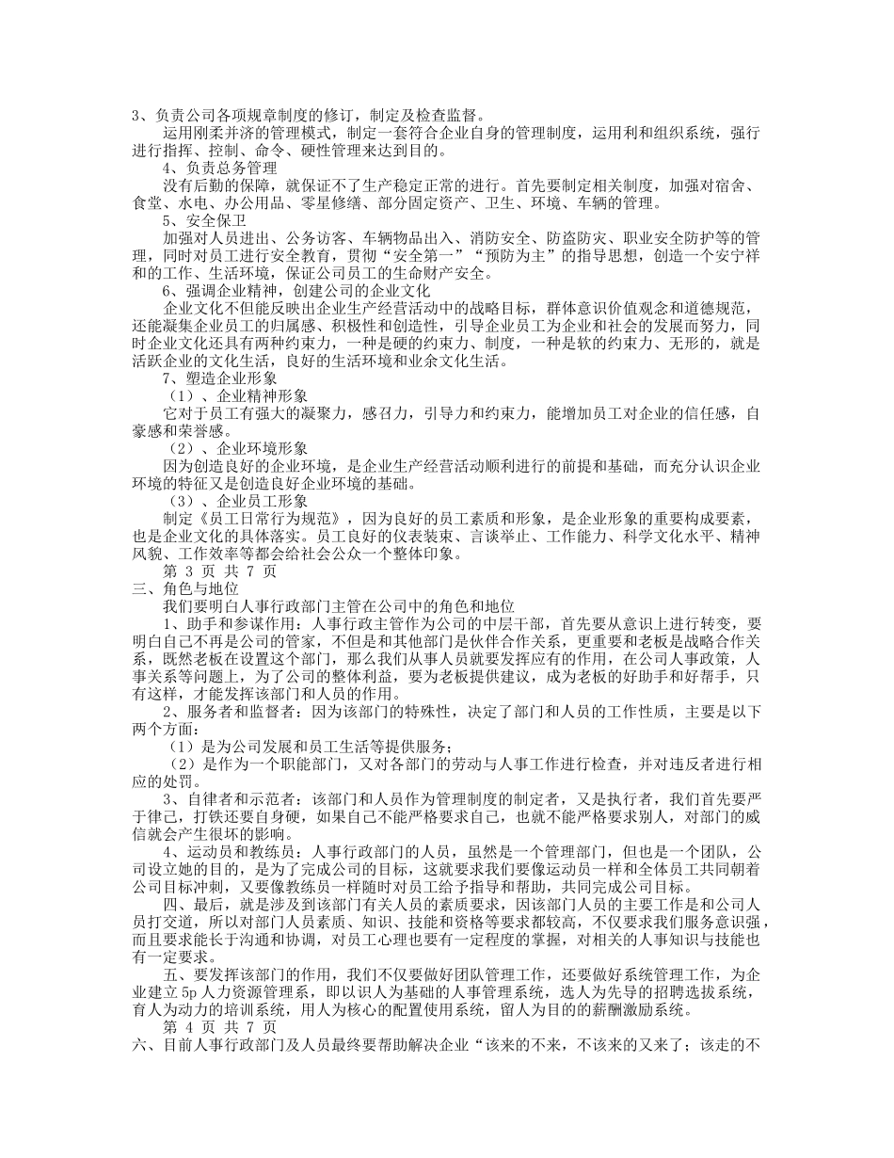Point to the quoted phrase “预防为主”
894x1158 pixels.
487,256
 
